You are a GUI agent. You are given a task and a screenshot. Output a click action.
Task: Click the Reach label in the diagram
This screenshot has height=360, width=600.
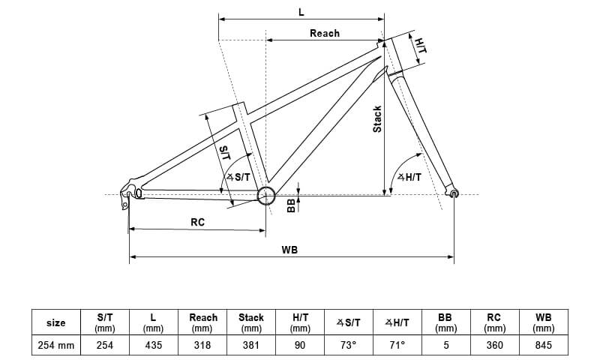(324, 33)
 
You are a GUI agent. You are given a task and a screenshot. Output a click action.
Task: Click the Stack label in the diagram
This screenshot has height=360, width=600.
(377, 119)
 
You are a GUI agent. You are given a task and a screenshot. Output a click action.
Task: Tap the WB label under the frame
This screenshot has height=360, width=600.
(289, 250)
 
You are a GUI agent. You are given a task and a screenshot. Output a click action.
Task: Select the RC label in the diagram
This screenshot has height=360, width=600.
(197, 222)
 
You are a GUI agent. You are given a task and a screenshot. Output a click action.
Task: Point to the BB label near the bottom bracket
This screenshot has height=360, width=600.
(292, 205)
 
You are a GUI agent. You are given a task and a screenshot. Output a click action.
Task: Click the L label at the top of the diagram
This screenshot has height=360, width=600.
(301, 13)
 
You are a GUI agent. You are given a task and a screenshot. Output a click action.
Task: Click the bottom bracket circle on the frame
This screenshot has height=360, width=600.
(265, 196)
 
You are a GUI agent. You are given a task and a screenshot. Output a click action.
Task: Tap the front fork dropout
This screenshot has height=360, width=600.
(454, 194)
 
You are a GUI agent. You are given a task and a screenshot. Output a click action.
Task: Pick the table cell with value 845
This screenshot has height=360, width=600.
(543, 345)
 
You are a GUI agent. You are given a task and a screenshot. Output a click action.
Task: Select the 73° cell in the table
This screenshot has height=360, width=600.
(348, 345)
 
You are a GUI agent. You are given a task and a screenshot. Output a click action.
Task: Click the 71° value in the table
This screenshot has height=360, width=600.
(397, 345)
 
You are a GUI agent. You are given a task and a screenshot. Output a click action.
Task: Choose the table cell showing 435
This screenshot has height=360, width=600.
(153, 345)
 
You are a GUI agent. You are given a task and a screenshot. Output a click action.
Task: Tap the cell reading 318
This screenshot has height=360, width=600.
(202, 345)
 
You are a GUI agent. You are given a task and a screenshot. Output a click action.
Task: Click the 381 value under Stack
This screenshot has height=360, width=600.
(250, 345)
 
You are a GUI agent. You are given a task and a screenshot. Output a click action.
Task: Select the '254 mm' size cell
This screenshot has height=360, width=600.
(55, 345)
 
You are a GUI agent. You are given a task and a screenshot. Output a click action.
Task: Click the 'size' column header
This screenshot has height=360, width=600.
(55, 322)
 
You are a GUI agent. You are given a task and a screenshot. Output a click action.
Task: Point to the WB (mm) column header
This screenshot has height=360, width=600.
(543, 322)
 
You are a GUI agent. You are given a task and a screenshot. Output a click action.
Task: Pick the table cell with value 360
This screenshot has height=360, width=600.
(494, 345)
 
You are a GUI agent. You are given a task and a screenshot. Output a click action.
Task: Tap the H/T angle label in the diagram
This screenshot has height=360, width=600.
(409, 177)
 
